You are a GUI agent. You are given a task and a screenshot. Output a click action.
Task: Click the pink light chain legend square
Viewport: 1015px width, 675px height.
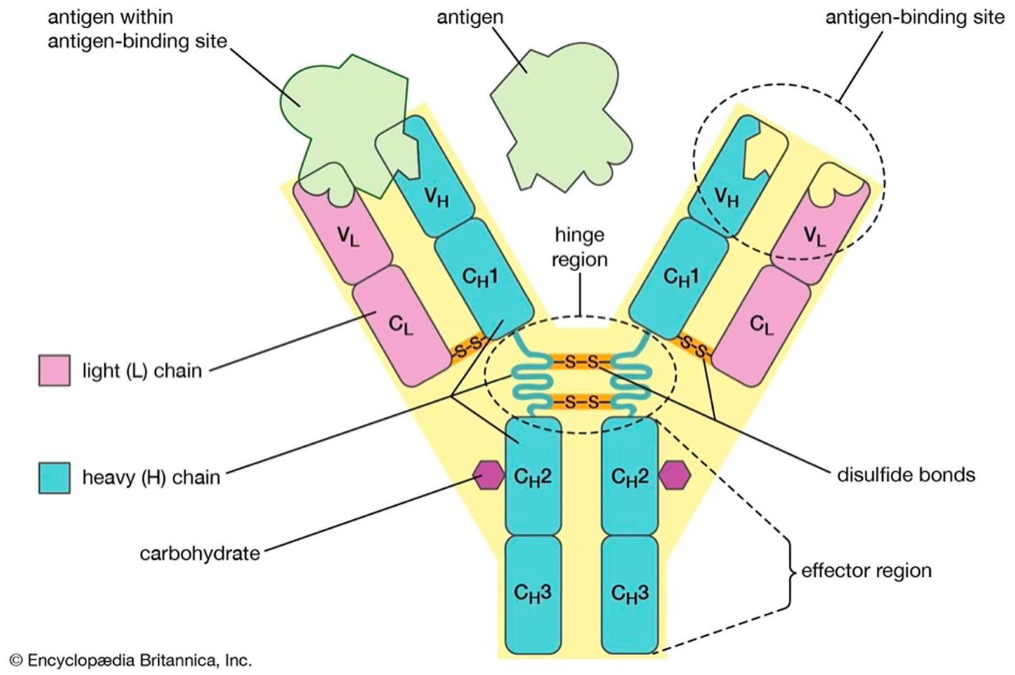click(x=54, y=370)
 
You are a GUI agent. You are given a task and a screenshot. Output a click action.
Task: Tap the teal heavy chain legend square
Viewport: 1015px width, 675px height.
click(x=54, y=478)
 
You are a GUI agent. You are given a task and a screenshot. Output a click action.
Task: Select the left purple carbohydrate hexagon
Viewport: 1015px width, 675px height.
click(x=488, y=476)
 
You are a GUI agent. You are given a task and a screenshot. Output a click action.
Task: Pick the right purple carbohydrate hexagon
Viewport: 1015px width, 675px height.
click(x=674, y=476)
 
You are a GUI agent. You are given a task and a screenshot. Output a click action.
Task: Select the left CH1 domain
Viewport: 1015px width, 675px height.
click(x=482, y=277)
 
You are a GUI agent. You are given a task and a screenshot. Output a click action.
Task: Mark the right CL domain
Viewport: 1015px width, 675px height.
click(x=762, y=325)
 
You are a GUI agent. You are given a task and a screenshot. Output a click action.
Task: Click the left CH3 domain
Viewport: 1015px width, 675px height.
click(x=533, y=592)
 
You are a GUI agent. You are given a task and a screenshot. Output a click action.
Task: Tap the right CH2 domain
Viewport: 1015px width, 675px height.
click(x=629, y=476)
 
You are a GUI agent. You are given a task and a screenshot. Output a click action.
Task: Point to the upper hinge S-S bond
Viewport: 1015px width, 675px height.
click(x=581, y=363)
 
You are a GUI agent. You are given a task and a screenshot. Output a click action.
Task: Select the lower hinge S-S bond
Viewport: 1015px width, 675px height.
click(x=581, y=402)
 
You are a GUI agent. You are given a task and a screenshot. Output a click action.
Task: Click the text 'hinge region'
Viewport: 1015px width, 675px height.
click(x=580, y=247)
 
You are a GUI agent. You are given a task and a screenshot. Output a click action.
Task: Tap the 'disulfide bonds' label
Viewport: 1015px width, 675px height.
click(x=906, y=474)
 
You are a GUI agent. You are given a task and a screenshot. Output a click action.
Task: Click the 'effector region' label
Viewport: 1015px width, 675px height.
click(x=866, y=570)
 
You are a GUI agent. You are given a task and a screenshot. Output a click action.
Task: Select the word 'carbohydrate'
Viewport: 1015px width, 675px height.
click(x=199, y=552)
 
